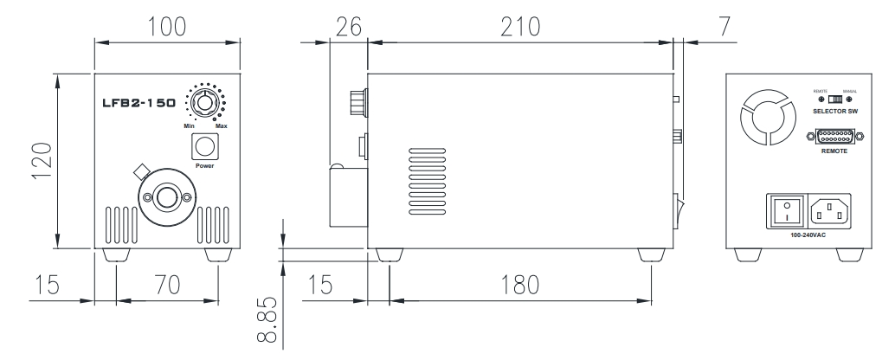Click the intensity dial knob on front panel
(204, 103)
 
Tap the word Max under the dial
(222, 127)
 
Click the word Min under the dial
(189, 127)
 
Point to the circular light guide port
(167, 199)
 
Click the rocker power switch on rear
(786, 210)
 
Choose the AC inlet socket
(829, 210)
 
